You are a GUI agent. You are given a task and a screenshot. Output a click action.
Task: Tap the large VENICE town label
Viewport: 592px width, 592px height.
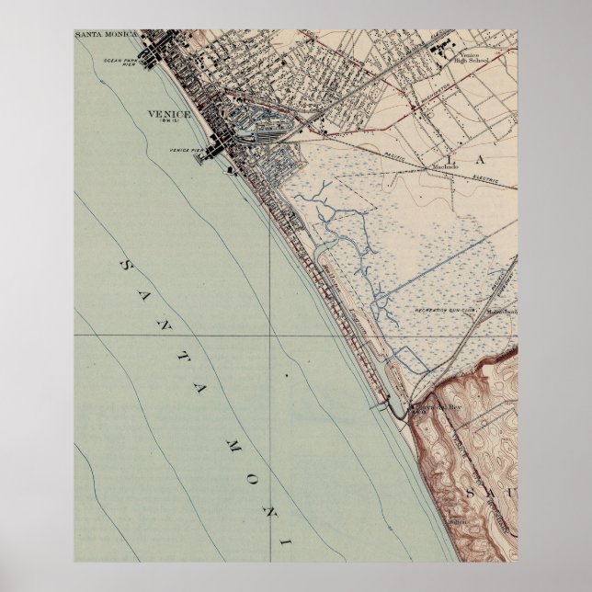(168, 114)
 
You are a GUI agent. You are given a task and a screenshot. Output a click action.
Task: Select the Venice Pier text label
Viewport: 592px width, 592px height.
(185, 149)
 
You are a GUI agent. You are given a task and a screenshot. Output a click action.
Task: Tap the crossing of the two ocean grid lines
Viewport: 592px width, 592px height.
(270, 336)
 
